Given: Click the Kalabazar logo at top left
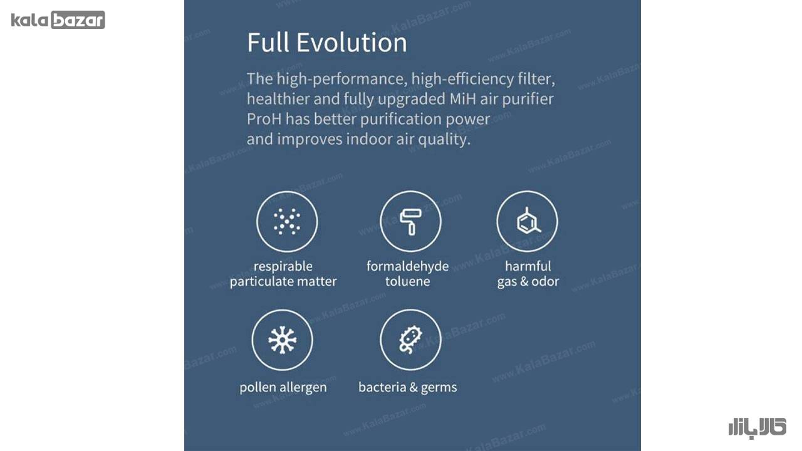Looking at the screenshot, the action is (x=58, y=19).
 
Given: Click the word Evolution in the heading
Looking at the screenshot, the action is (x=352, y=42).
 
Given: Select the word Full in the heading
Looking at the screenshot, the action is (x=268, y=42).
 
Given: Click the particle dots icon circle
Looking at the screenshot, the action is (x=287, y=221).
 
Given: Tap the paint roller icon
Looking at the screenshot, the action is (x=410, y=222).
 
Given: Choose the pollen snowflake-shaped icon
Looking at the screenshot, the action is (x=282, y=340).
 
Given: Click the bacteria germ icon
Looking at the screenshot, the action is (x=410, y=340).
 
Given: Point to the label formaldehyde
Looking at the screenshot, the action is (x=407, y=266).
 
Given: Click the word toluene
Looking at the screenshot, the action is (x=407, y=281).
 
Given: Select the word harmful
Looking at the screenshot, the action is (x=528, y=266).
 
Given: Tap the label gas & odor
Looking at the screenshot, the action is (x=528, y=282).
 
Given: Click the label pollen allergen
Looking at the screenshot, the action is (x=283, y=387).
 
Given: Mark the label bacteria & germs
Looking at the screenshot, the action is (x=407, y=387).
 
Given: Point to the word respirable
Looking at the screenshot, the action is (x=283, y=267).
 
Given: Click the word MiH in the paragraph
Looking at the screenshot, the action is (x=462, y=99).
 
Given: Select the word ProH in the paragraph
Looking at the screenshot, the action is (x=264, y=119).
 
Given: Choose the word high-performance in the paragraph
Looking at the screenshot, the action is (x=342, y=79).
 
